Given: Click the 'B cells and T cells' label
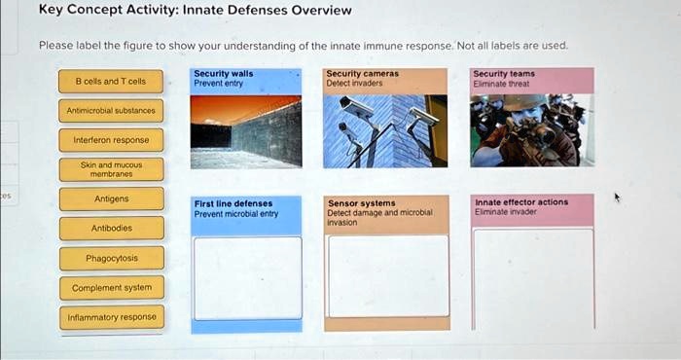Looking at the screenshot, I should [x=112, y=81].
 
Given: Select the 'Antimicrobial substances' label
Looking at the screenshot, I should [x=112, y=111].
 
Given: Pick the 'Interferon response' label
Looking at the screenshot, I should [x=112, y=140].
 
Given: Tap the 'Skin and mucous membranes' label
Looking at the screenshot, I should [x=112, y=169].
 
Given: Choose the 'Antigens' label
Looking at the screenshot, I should [x=112, y=198].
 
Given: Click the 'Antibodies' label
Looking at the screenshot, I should [x=112, y=228].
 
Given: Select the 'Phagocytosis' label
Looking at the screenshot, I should [x=112, y=258].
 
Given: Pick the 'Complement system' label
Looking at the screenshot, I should [x=112, y=288].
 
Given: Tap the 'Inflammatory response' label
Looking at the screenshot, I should [x=112, y=317].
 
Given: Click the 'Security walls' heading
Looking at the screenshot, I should [x=223, y=73].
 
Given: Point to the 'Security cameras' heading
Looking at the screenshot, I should [x=362, y=73].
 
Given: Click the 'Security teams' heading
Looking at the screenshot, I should [x=503, y=73].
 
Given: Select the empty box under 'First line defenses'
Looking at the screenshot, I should [x=246, y=277].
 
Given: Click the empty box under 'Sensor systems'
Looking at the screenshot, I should [x=387, y=275].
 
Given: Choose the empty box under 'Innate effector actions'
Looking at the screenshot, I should [x=532, y=277].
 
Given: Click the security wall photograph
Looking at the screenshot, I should [x=246, y=130].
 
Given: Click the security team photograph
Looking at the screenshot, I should [x=531, y=130].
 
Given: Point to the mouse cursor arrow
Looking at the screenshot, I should [x=616, y=197].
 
